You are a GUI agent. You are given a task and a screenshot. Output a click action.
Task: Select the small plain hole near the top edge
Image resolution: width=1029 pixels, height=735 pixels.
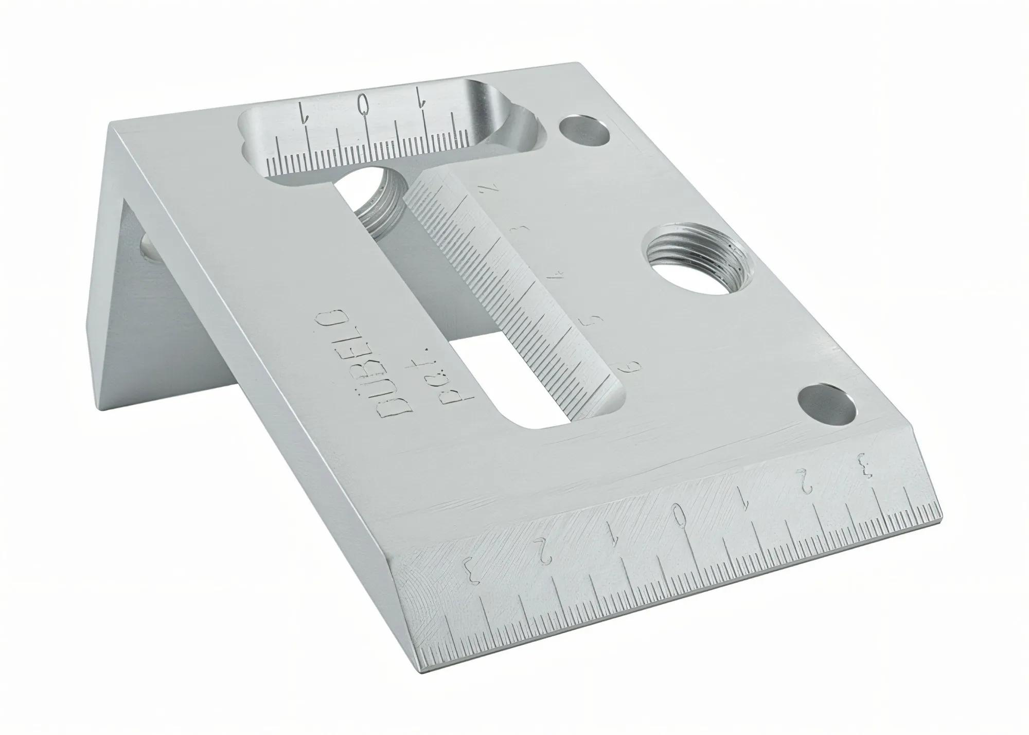point(584,132)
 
